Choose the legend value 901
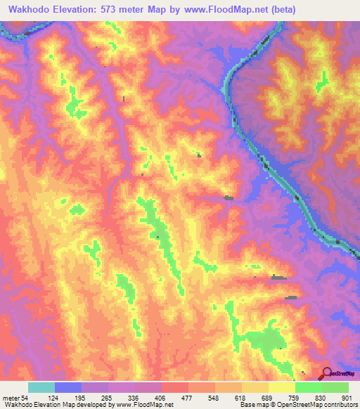348,397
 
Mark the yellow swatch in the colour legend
281,387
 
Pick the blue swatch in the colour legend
67,387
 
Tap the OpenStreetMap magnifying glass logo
327,372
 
